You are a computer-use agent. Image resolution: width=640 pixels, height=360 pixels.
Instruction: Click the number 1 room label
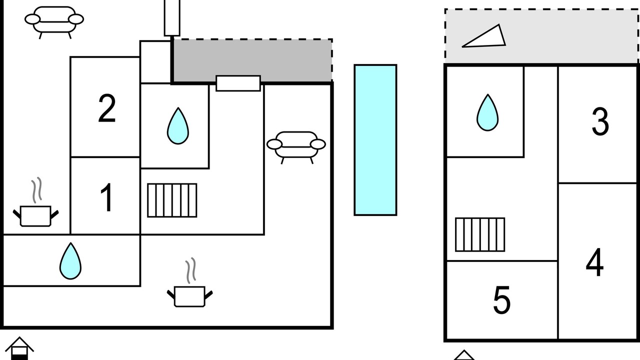click(107, 197)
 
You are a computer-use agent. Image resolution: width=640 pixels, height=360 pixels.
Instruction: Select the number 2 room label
click(107, 108)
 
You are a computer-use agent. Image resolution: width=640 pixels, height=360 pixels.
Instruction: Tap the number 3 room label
click(600, 121)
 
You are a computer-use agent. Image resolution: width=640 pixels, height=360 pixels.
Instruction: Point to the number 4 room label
click(594, 262)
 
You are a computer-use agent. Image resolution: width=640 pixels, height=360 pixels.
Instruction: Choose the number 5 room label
click(501, 300)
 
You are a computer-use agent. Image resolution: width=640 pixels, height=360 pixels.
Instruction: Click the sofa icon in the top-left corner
click(54, 22)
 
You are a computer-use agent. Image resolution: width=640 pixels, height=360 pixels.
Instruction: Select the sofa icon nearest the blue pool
click(296, 147)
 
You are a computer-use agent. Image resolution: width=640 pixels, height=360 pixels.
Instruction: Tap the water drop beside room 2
click(177, 125)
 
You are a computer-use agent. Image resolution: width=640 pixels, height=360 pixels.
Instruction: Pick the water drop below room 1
click(70, 261)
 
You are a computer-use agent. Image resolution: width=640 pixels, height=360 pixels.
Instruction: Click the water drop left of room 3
click(487, 112)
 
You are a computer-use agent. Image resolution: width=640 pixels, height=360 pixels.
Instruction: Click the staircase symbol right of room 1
click(172, 200)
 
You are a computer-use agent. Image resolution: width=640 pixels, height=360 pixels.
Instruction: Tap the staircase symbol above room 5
click(480, 234)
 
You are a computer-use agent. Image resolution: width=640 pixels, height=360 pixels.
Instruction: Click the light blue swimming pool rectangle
click(375, 139)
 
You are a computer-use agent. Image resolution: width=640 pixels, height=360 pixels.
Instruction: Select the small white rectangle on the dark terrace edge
click(238, 83)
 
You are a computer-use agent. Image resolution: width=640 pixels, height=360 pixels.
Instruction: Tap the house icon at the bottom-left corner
click(19, 348)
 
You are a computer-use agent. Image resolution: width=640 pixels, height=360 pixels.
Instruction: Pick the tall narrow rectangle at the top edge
click(172, 17)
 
